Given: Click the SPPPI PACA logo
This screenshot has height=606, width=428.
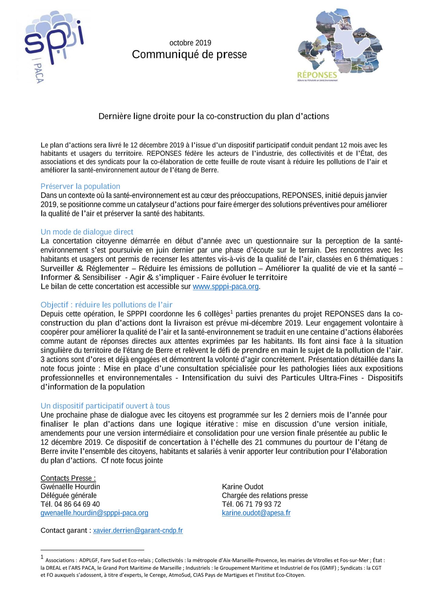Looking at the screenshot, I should click(53, 45).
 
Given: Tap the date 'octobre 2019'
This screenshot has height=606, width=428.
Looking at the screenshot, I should click(190, 43).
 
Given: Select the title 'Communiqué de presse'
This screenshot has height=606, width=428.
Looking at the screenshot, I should click(189, 55).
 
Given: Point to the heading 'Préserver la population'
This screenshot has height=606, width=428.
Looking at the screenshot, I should click(80, 186).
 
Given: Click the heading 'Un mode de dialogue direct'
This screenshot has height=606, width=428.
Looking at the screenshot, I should click(87, 232).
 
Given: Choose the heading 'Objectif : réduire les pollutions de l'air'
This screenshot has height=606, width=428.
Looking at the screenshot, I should click(106, 305).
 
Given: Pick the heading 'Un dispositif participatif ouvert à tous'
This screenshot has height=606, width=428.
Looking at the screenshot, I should click(105, 406).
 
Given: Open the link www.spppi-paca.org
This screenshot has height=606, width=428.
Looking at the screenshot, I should click(226, 287).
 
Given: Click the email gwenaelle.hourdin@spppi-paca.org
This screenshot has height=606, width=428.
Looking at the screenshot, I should click(94, 513).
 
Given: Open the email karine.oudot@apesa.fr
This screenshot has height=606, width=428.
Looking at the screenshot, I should click(256, 513).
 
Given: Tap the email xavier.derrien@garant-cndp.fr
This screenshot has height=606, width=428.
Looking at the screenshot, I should click(138, 530).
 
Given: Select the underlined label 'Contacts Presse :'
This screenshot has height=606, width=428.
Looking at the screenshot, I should click(68, 478).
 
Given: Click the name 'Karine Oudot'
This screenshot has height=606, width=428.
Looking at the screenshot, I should click(242, 487).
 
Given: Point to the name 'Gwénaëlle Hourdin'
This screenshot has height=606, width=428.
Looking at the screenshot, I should click(70, 487).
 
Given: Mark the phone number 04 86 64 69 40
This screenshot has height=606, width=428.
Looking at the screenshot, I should click(77, 504).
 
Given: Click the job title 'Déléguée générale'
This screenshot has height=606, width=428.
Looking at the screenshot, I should click(68, 495).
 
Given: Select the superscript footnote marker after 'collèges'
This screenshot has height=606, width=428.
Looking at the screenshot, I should click(232, 311).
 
